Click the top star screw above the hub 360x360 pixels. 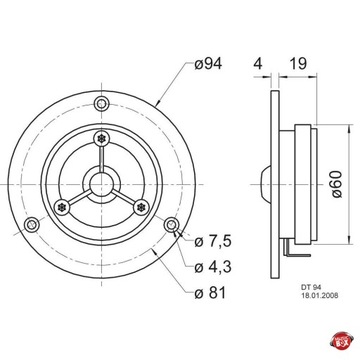click(x=101, y=137)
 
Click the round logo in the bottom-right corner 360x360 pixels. click(x=347, y=347)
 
